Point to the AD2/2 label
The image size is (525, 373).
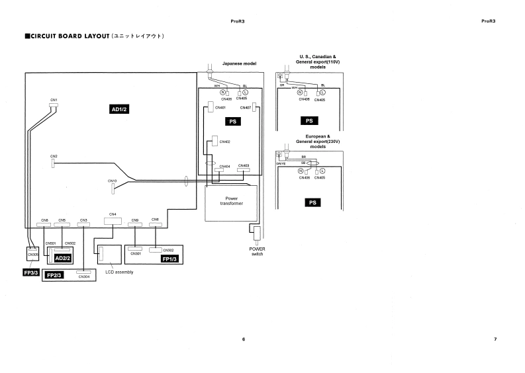coord(64,257)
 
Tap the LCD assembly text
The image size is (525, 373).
coord(119,272)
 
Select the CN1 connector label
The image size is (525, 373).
coord(54,99)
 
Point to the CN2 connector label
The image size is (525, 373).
coord(54,156)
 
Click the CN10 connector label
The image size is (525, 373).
coord(113,181)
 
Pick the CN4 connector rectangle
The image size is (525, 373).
coord(113,222)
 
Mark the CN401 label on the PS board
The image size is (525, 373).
coord(218,107)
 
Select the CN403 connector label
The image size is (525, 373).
coord(243,166)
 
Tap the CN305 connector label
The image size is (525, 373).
coord(32,253)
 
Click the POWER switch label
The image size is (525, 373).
coord(257,251)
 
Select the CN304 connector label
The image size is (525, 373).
coord(83,276)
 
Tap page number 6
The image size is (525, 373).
coord(244,339)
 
